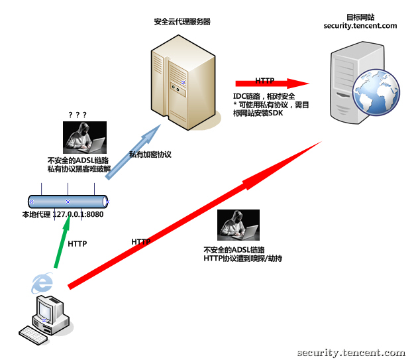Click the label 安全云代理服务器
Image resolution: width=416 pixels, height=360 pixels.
tap(182, 21)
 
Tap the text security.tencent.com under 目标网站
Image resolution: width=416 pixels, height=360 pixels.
tap(360, 26)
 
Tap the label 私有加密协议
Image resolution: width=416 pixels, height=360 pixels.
tap(150, 154)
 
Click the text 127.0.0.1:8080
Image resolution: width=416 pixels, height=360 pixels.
tap(78, 214)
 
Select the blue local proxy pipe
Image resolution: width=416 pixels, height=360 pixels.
tap(68, 201)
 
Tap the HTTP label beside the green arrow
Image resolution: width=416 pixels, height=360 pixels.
tap(78, 244)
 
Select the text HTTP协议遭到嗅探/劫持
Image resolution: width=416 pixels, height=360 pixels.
tap(243, 259)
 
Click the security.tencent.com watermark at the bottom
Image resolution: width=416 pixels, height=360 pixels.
tap(351, 353)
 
